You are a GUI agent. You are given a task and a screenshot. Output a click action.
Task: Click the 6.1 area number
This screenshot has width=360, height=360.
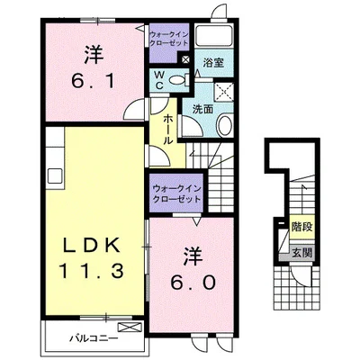(93, 81)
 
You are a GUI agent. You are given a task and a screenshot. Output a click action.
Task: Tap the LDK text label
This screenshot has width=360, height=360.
(91, 245)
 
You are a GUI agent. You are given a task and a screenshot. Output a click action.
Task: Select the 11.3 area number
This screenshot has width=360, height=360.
(91, 271)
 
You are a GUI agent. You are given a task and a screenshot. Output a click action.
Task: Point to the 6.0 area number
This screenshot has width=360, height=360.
(193, 282)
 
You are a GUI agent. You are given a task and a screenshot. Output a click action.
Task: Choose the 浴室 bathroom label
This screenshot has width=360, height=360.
(213, 63)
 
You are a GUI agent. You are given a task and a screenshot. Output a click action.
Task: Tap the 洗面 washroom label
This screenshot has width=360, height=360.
(202, 109)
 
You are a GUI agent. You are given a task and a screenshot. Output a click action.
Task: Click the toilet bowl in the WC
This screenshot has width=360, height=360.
(176, 80)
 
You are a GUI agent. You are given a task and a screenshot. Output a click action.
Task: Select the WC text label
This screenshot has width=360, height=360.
(159, 80)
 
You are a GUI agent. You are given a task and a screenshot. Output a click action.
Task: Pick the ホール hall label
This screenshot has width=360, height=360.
(167, 130)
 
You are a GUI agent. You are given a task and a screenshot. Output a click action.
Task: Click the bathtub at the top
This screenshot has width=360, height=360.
(213, 35)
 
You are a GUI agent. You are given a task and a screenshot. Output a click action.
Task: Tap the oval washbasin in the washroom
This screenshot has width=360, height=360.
(224, 126)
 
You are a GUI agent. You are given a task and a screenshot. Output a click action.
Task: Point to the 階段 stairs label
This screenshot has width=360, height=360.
(302, 227)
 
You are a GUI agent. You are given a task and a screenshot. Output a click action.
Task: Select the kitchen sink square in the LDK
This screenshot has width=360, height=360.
(55, 175)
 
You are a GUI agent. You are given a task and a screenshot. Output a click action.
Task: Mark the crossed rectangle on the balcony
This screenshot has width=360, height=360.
(130, 327)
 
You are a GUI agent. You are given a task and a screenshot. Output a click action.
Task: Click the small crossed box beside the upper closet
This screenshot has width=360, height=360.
(185, 59)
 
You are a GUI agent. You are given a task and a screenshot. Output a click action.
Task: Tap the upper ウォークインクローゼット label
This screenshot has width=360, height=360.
(169, 39)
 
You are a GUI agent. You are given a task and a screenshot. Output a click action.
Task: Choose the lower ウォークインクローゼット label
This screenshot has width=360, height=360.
(176, 194)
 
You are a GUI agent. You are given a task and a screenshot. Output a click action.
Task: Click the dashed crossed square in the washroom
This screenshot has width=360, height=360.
(224, 91)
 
